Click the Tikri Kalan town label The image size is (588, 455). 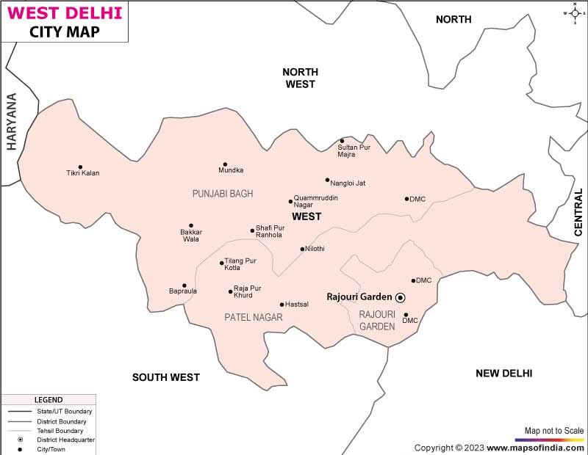coord(82,173)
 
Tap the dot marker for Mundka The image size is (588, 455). coord(225,164)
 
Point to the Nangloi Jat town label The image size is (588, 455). coord(348,182)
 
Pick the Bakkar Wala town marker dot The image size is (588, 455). coord(191,225)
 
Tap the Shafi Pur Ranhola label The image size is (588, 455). coord(270,231)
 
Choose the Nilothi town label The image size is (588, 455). coord(315,249)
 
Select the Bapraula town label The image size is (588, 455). coord(183,292)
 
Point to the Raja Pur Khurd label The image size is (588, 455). coord(247,292)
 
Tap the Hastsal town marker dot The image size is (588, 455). coord(282,305)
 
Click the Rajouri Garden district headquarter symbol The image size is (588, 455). coord(401,297)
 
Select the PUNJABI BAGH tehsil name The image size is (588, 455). coord(222,194)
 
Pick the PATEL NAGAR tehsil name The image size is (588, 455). coord(254,317)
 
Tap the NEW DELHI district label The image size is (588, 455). coord(503,374)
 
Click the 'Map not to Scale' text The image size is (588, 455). coord(554,430)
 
